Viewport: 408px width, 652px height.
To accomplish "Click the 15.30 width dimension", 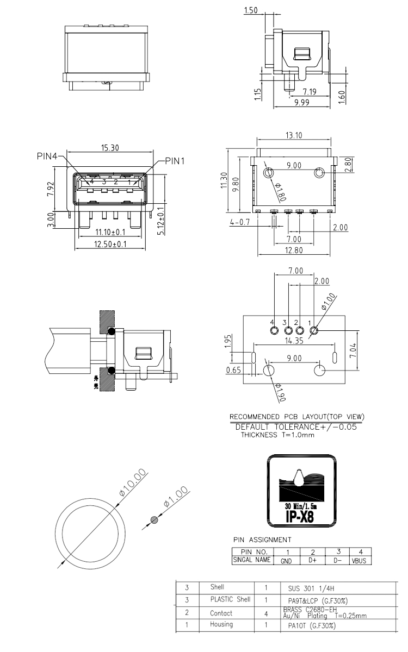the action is point(110,148).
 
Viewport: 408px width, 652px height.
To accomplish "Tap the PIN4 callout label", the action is point(47,156).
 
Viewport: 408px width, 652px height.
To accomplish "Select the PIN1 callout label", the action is point(175,161).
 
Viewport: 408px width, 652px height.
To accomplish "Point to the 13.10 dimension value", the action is point(294,135).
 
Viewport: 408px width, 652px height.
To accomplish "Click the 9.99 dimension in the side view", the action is point(301,103).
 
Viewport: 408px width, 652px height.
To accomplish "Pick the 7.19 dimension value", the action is point(310,92).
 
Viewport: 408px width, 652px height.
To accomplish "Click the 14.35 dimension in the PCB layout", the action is point(294,341).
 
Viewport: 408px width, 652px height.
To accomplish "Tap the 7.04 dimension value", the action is point(353,351).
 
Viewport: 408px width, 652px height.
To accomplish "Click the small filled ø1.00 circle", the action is point(154,519).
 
